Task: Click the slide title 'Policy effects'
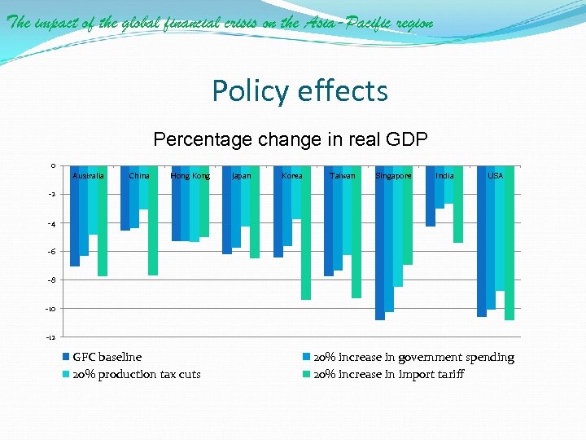point(300,90)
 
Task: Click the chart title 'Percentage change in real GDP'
point(290,139)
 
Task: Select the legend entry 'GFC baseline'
point(107,357)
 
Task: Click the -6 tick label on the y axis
point(51,252)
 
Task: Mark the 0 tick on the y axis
point(52,166)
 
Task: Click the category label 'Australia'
point(88,176)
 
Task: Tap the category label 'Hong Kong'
point(190,176)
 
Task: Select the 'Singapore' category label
point(394,176)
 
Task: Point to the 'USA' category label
point(495,176)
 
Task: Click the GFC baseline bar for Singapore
point(380,244)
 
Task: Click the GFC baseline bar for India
point(431,200)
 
